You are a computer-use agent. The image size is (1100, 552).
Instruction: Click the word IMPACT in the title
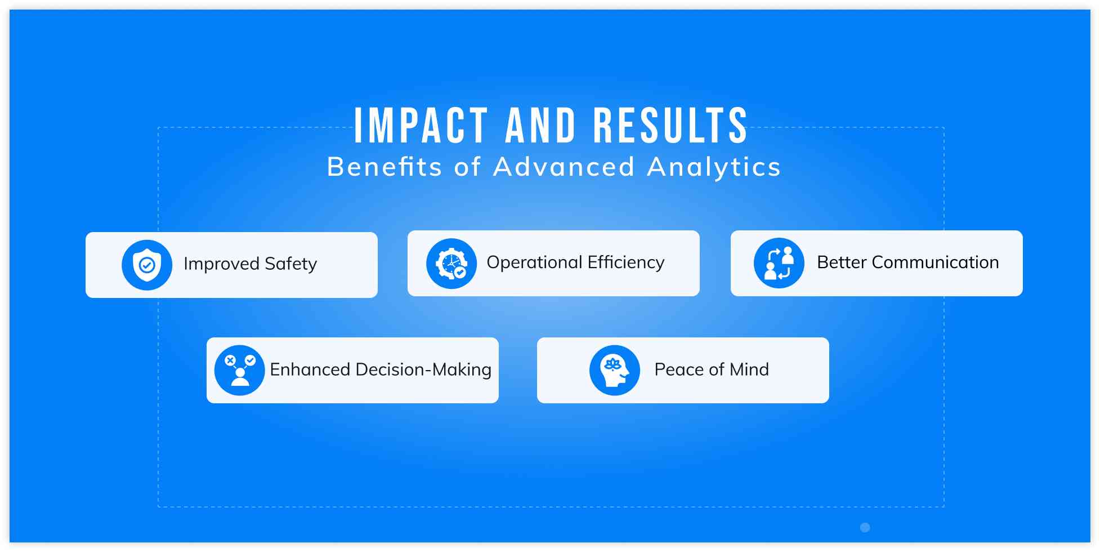[x=421, y=125]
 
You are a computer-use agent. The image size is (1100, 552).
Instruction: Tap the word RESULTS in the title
[x=670, y=125]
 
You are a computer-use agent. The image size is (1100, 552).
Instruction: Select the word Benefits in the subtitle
[x=384, y=167]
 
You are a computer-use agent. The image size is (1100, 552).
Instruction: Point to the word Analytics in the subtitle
[x=714, y=167]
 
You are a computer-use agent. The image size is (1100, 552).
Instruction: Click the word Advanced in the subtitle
[x=564, y=167]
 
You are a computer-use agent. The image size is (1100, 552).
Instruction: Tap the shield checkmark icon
[x=147, y=265]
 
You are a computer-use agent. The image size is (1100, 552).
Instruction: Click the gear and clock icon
[x=451, y=264]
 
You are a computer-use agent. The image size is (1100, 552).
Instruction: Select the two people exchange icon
[x=779, y=263]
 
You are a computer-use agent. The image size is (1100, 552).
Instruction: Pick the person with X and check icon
[x=240, y=370]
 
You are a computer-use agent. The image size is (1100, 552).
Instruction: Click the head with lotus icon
[x=615, y=370]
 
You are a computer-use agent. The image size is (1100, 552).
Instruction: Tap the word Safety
[x=290, y=264]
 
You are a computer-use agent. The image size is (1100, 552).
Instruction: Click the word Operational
[x=534, y=262]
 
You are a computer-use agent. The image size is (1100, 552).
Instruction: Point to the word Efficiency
[x=626, y=262]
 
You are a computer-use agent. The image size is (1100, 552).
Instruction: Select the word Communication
[x=935, y=262]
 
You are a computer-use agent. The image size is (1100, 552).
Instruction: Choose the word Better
[x=842, y=262]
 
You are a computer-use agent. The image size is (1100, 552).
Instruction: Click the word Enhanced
[x=310, y=370]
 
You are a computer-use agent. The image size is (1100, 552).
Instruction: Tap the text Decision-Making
[x=423, y=370]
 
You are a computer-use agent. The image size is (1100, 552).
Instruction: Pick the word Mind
[x=749, y=370]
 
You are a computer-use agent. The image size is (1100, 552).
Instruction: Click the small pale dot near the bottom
[x=865, y=527]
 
